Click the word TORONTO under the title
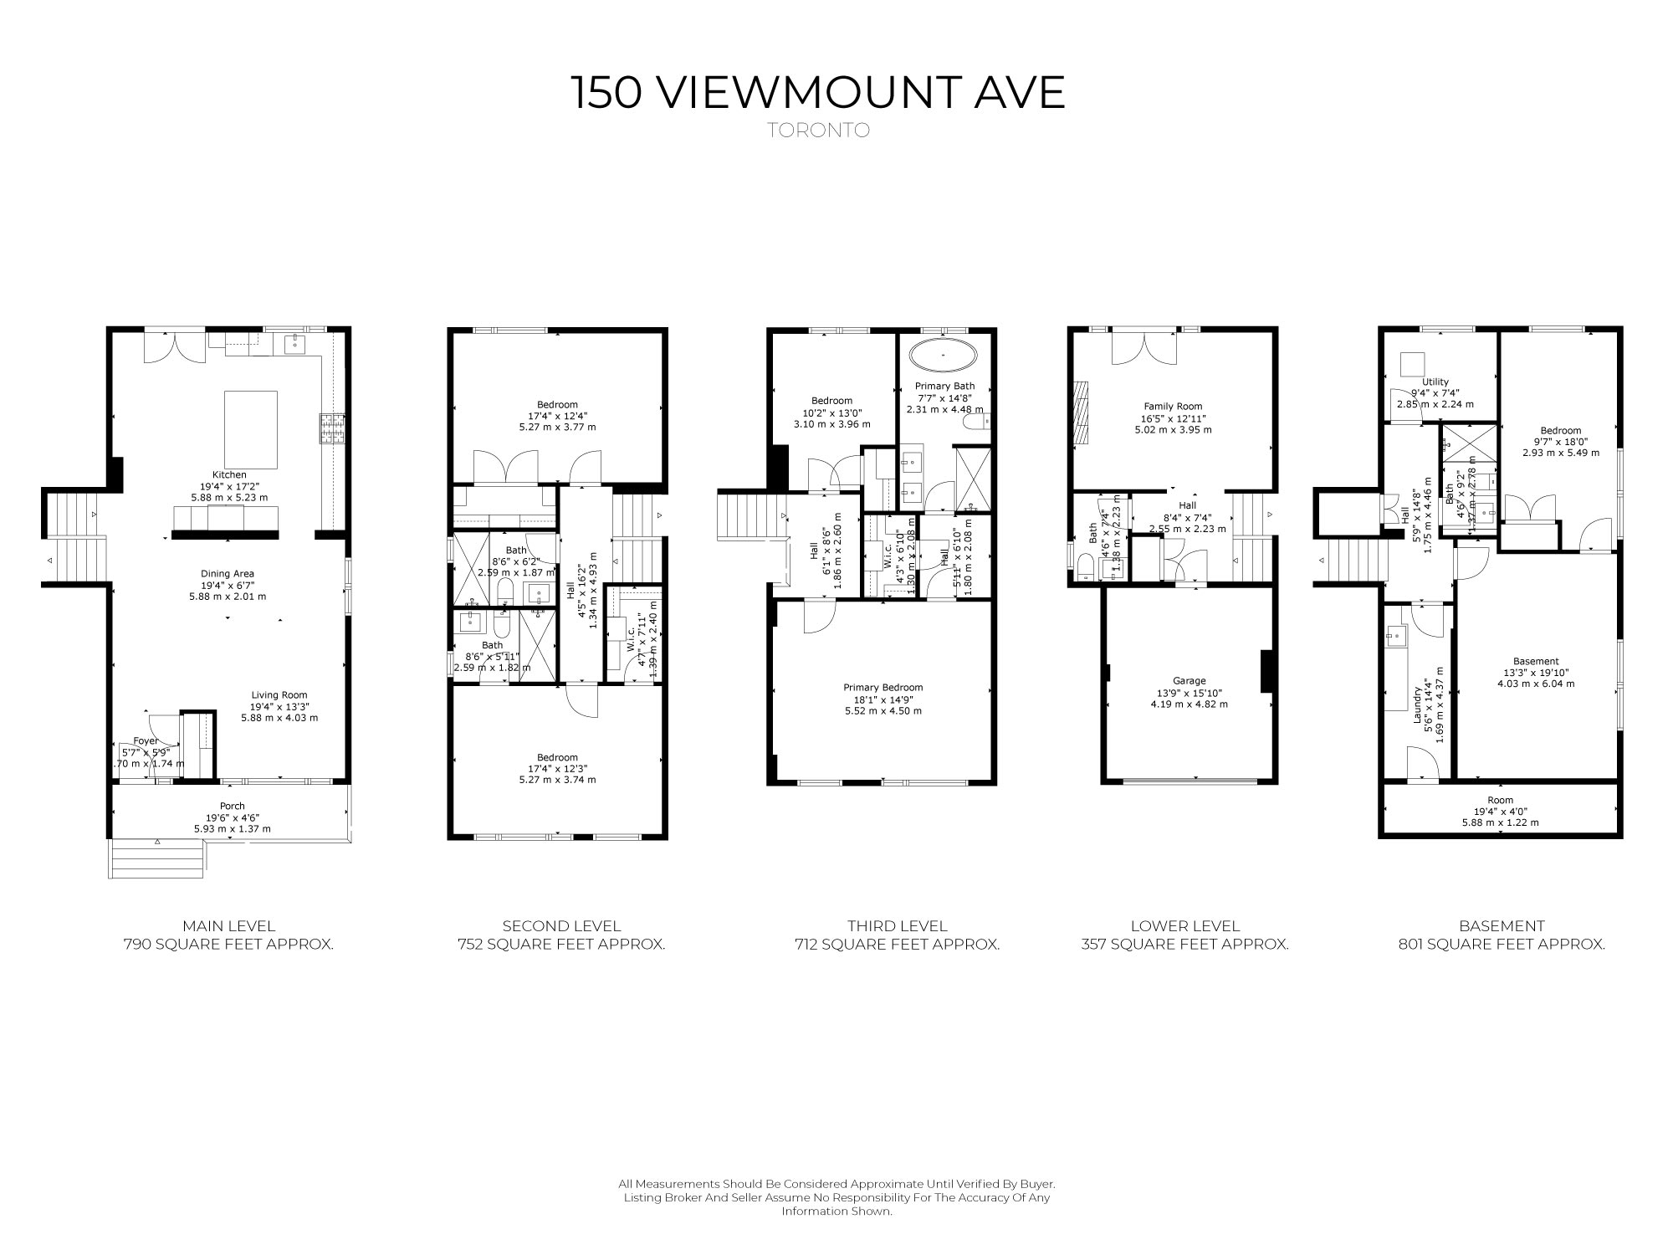point(819,131)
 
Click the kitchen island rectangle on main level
point(251,429)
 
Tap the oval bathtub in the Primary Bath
point(943,356)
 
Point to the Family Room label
point(1173,407)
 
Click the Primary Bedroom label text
point(883,688)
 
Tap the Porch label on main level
point(233,807)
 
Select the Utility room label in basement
point(1435,382)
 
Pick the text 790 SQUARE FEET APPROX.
point(228,945)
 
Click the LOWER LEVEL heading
point(1184,926)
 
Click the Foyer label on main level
point(146,741)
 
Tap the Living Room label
point(279,695)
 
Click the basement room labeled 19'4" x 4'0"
point(1500,811)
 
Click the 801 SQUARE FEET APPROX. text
point(1501,945)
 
